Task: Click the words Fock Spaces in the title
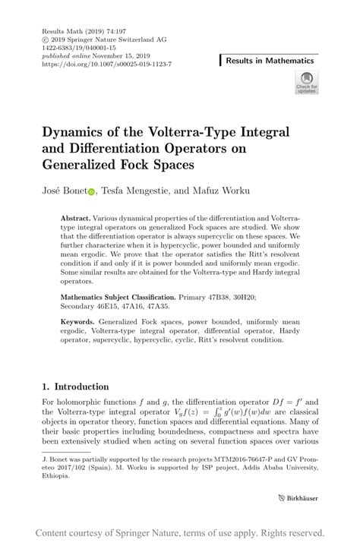166,163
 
